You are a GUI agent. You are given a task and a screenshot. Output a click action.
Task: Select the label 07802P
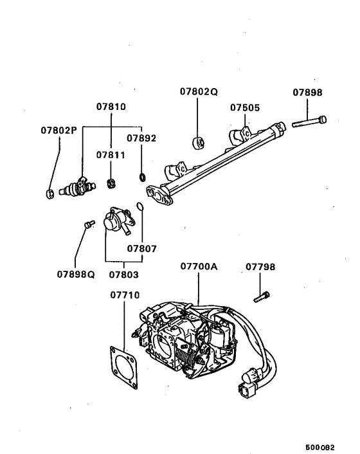[x=59, y=131]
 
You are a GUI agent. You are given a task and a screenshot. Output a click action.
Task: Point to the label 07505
[x=245, y=108]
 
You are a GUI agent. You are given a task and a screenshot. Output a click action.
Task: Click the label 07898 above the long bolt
[x=309, y=92]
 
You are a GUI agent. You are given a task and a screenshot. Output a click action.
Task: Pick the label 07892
[x=141, y=138]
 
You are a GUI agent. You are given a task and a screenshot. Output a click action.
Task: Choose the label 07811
[x=111, y=155]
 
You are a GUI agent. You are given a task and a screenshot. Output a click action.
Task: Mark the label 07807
[x=141, y=248]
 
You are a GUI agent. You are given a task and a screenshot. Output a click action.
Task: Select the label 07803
[x=123, y=275]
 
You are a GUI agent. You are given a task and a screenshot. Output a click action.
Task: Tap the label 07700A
[x=199, y=266]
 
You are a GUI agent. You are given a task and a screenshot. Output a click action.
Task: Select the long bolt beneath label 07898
[x=309, y=122]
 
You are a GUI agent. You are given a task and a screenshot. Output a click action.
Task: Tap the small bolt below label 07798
[x=261, y=296]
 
